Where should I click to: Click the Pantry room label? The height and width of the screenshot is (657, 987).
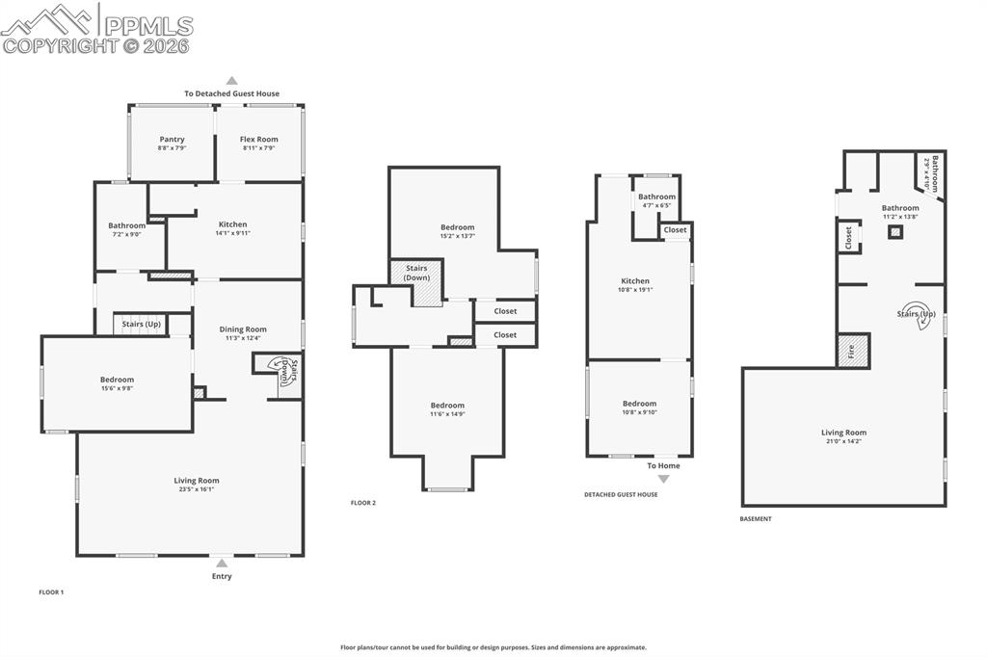pos(173,140)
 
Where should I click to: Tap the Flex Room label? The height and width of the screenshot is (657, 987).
pos(259,140)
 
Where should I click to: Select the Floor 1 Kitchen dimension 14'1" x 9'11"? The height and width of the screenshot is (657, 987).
pos(232,233)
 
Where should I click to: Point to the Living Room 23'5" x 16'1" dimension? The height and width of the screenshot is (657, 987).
pos(197,489)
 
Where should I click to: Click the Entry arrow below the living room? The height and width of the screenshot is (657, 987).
pos(222,563)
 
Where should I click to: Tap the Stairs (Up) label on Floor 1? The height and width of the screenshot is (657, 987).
pos(142,324)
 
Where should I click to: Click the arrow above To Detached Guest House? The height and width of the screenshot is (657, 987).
pos(231,81)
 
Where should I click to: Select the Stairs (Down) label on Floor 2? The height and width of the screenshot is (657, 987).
pos(416,273)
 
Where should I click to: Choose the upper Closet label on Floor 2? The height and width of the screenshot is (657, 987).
pos(505,311)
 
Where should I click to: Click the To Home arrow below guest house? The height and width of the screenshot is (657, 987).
pos(663,478)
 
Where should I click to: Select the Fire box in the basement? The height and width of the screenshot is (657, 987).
pos(852,351)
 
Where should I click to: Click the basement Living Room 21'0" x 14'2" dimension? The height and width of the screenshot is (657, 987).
pos(843,441)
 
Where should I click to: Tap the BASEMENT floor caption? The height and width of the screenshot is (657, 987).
pos(756,519)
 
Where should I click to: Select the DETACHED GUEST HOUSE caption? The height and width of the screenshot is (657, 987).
pos(621,495)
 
